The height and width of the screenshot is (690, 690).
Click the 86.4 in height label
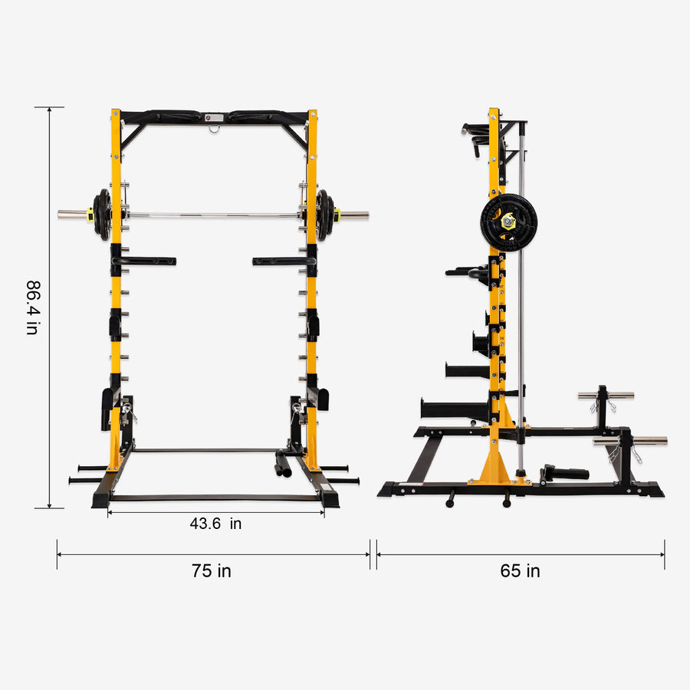click(31, 307)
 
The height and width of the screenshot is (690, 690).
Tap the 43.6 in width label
click(215, 524)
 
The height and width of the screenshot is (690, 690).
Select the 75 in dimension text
click(211, 571)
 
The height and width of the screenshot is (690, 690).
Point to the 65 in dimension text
click(520, 571)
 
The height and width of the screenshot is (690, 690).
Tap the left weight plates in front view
click(102, 215)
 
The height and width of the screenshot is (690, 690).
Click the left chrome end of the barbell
click(72, 215)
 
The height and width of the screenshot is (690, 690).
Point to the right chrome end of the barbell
click(353, 215)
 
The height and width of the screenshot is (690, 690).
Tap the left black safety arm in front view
click(146, 261)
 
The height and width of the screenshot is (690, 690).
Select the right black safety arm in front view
click(281, 261)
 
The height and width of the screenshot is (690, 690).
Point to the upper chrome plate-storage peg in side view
click(606, 396)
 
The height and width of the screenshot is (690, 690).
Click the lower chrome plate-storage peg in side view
click(630, 441)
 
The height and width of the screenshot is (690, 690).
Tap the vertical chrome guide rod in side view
click(521, 307)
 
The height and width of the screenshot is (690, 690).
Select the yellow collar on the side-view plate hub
click(509, 222)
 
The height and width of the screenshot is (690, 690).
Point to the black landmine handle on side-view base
click(566, 472)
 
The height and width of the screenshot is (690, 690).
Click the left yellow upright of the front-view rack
click(116, 307)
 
